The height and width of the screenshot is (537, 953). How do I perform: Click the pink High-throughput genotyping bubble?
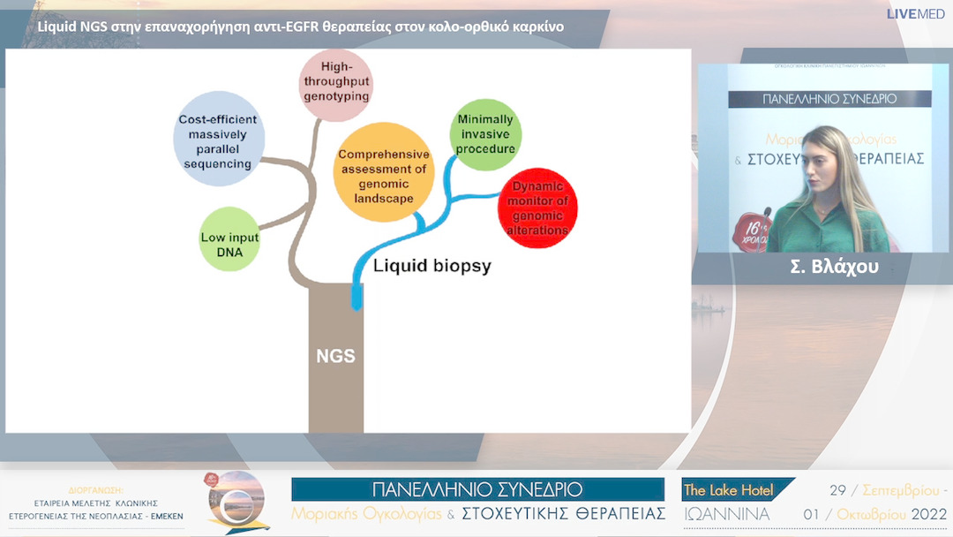[335, 86]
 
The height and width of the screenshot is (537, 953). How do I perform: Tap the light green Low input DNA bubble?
[229, 238]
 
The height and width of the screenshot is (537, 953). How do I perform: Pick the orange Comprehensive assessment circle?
[383, 172]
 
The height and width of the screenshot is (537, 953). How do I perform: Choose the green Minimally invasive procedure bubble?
[485, 134]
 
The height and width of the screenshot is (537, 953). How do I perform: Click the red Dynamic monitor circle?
[538, 208]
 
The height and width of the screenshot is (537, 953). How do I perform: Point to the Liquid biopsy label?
[431, 264]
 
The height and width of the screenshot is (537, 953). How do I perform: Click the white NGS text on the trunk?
[335, 357]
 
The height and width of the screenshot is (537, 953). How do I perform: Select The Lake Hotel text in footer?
[729, 490]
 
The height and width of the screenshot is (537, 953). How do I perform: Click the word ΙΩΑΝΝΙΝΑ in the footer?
[726, 514]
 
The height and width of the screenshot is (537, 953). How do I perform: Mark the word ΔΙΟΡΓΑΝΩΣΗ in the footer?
[96, 488]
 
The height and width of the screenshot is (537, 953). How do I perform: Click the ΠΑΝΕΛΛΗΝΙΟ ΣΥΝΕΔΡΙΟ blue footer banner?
[477, 489]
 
